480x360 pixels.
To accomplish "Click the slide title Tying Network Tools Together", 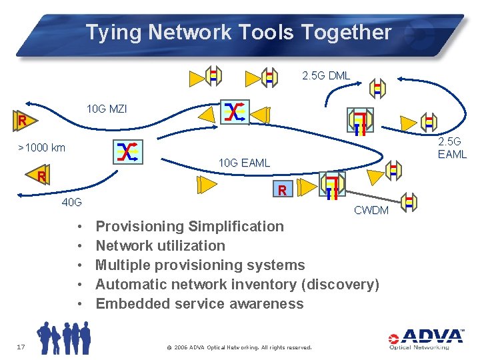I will [238, 32].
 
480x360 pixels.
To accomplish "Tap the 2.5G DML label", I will [326, 75].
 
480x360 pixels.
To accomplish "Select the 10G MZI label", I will [107, 109].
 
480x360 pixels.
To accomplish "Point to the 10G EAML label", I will [244, 163].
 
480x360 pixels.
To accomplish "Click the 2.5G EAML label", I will [452, 148].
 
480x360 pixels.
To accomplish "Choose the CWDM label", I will [371, 211].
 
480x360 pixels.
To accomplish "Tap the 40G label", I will [71, 202].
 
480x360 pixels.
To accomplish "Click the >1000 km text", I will [41, 148].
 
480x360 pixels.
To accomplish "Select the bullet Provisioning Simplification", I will [190, 226].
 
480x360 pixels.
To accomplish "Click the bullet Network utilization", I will [161, 245].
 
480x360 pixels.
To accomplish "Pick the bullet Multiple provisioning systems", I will [200, 265].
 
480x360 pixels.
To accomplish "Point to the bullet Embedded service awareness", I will [199, 303].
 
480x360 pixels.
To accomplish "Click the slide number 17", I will [20, 345].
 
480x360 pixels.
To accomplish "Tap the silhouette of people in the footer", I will [63, 337].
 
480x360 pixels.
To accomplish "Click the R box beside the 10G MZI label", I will [22, 121].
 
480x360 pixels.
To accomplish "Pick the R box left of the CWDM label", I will [283, 191].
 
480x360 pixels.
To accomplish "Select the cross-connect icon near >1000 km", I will [127, 152].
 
